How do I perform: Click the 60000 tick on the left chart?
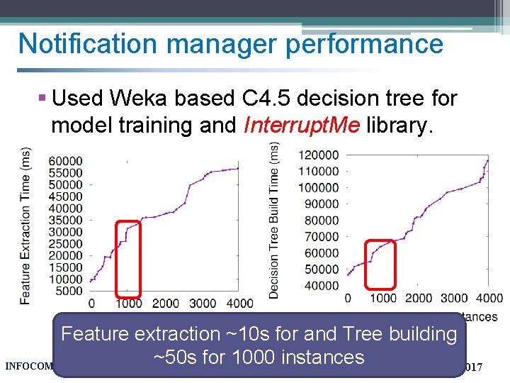(x=65, y=161)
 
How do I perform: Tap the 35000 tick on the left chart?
(x=65, y=220)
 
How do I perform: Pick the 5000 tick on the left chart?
(x=68, y=291)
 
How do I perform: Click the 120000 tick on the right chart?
(x=318, y=155)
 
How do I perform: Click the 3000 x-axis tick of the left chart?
(x=203, y=304)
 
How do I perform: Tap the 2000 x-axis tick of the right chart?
(x=419, y=298)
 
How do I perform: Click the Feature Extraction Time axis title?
(x=25, y=226)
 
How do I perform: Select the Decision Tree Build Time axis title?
(x=274, y=218)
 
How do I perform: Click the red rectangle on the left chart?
(x=129, y=258)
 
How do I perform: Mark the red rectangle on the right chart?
(x=380, y=264)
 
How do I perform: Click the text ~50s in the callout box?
(x=174, y=357)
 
